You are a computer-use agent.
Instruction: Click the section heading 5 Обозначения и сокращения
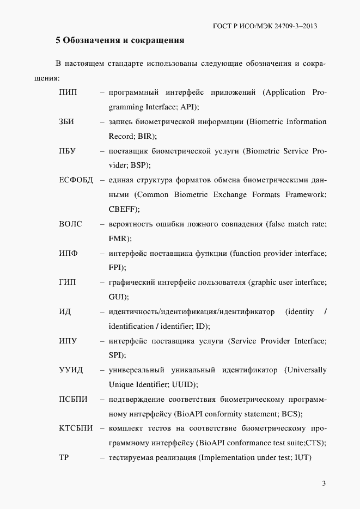[x=120, y=40]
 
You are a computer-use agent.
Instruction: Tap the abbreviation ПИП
[x=68, y=93]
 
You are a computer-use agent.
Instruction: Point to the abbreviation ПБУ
[x=68, y=151]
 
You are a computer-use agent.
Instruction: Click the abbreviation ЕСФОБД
[x=76, y=180]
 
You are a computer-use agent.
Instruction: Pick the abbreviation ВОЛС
[x=70, y=224]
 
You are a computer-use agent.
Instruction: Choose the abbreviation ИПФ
[x=68, y=253]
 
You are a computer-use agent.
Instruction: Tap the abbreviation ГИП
[x=68, y=283]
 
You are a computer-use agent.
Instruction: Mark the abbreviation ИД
[x=65, y=312]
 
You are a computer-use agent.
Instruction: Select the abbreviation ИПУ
[x=68, y=341]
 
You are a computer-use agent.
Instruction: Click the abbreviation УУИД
[x=71, y=370]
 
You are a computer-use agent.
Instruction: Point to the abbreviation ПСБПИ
[x=73, y=400]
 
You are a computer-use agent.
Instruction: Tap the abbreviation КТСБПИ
[x=76, y=428]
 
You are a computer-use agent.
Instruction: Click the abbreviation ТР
[x=64, y=458]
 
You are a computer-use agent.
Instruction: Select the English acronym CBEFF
[x=123, y=210]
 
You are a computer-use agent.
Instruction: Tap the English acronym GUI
[x=117, y=297]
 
